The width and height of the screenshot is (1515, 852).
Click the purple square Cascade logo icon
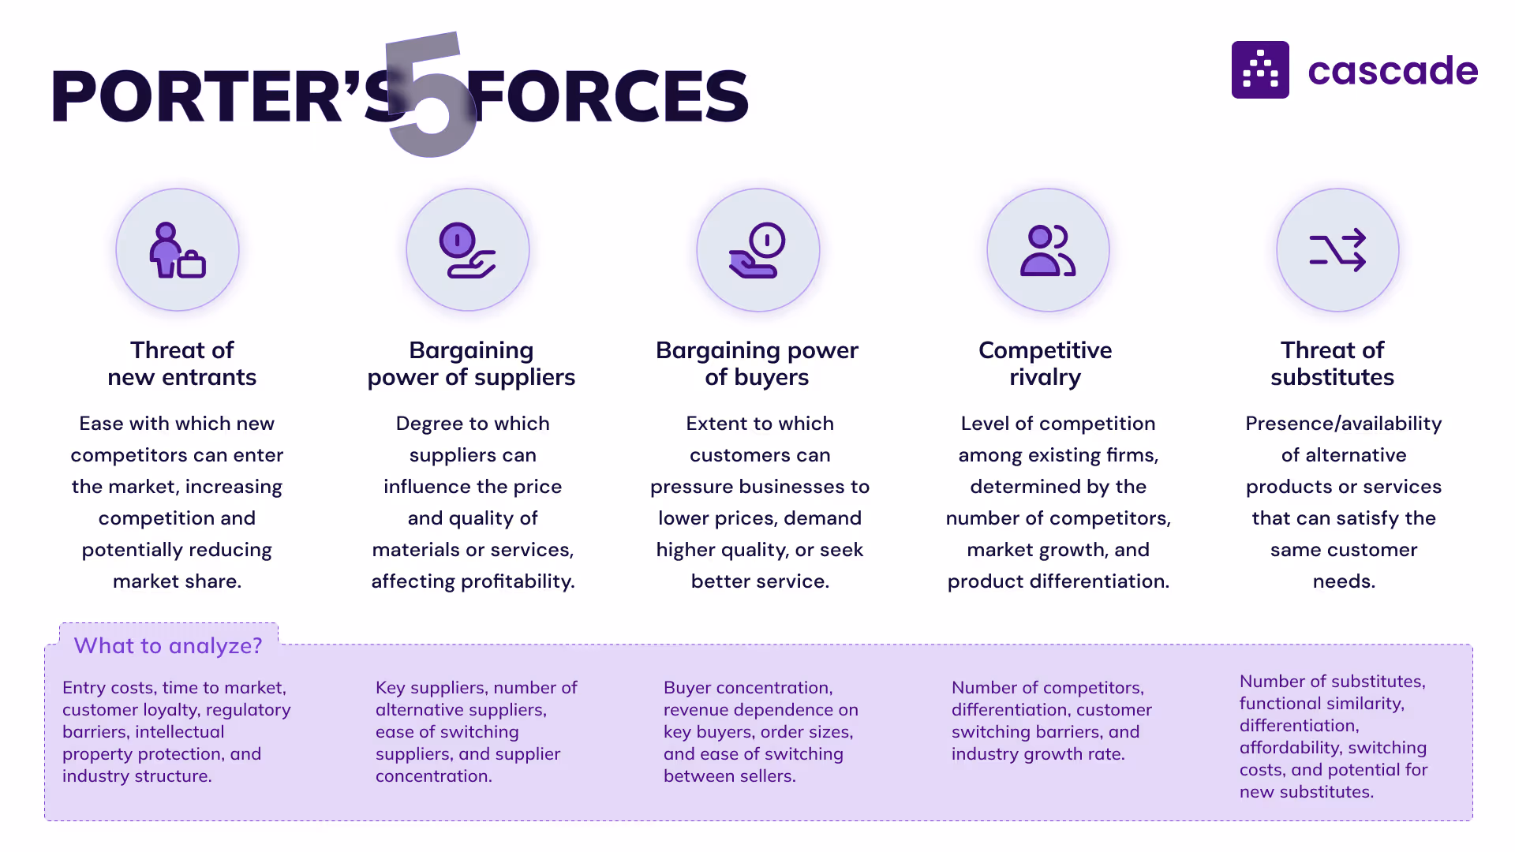pos(1260,70)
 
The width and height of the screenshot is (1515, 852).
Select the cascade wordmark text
pos(1393,71)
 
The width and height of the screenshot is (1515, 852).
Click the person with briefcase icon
pos(178,251)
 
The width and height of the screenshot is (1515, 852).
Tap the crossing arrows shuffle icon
pos(1337,251)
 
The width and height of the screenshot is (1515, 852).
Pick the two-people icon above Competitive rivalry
pos(1048,251)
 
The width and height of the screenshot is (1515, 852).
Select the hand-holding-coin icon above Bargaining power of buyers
pos(757,251)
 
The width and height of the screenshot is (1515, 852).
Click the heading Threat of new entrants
pos(181,363)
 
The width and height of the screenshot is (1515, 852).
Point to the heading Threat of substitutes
pos(1332,363)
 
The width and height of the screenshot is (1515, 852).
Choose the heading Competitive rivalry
pos(1045,363)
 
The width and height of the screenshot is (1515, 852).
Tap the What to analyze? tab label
pos(168,645)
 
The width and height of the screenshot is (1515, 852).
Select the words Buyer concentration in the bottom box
pos(747,688)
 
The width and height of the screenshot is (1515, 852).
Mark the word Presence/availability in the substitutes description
pos(1343,424)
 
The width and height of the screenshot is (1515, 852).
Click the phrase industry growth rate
pos(1037,754)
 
